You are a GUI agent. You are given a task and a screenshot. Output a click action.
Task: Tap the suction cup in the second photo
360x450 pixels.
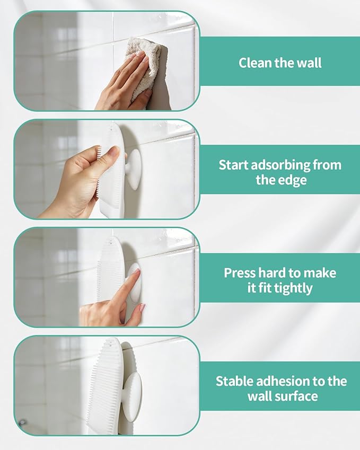pyautogui.click(x=133, y=169)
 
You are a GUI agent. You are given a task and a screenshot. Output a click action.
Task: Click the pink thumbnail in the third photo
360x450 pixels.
pyautogui.click(x=142, y=308)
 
